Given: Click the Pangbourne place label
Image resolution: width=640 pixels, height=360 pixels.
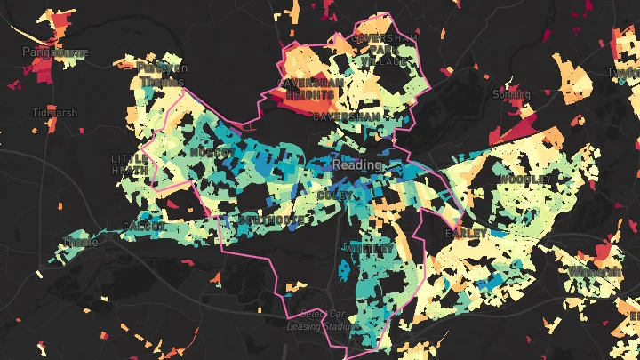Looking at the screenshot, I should (x=55, y=53).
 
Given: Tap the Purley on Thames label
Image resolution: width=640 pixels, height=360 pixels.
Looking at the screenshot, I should (x=164, y=75).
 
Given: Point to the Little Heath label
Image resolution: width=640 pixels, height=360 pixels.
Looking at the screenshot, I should (x=131, y=163).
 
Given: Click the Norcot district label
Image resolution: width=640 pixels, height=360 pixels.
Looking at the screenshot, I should (x=211, y=153).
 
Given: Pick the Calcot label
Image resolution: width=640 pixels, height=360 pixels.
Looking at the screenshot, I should (x=144, y=228).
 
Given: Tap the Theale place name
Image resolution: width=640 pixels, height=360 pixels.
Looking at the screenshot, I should (x=81, y=242).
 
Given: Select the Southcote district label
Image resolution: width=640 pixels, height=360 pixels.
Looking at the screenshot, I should (x=271, y=220).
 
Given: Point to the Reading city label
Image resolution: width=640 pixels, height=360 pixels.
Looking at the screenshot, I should (x=357, y=165).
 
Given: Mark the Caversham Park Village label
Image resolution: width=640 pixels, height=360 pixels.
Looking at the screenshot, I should (x=381, y=50).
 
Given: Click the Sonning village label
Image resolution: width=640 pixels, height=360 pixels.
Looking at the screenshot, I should (x=510, y=93).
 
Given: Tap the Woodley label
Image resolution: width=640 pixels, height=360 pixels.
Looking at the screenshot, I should (x=524, y=180).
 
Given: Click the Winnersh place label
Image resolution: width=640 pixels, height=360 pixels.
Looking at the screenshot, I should (x=596, y=270).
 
